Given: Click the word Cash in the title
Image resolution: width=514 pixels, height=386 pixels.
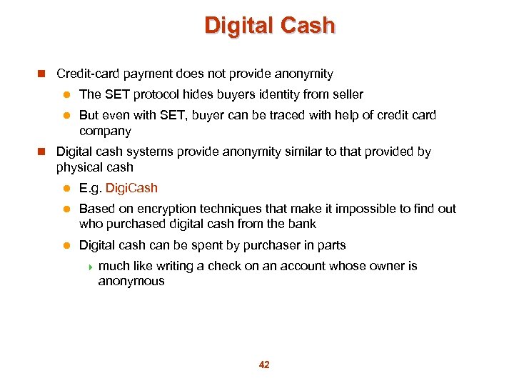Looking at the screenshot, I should coord(307,26).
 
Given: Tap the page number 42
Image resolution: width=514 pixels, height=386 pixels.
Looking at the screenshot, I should coord(264,365).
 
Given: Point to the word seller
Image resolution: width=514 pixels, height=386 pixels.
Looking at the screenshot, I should coord(346,94).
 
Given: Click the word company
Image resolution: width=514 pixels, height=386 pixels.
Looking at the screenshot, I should coord(105,131).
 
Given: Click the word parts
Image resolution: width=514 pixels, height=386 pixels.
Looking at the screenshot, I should coord(331,245).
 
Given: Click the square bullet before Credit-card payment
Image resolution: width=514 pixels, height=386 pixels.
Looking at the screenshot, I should coord(41,74).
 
